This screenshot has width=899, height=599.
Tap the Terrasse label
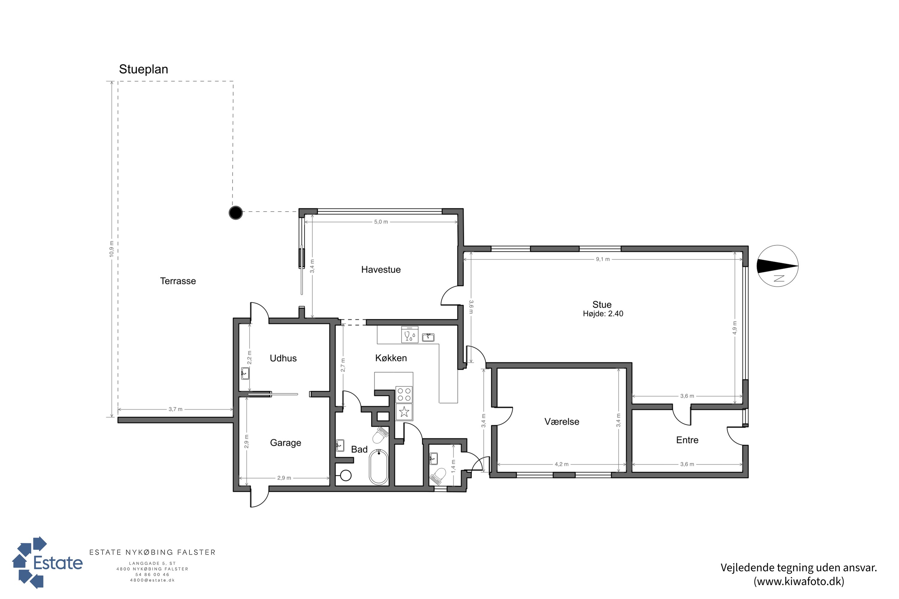(x=178, y=281)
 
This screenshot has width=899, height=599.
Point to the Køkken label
(x=391, y=358)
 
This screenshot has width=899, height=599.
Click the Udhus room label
(x=283, y=358)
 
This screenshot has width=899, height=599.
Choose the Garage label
(x=286, y=443)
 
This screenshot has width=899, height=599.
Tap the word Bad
(x=359, y=450)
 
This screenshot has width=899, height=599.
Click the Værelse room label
(x=562, y=422)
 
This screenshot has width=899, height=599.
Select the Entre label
(x=687, y=440)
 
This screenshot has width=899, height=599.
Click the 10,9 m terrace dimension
(x=111, y=249)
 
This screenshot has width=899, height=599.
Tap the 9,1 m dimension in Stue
(x=603, y=259)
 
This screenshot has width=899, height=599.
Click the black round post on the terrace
(x=236, y=213)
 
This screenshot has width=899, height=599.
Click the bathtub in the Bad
(x=378, y=467)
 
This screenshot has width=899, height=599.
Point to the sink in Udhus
(x=245, y=373)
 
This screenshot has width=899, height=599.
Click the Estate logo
(x=47, y=562)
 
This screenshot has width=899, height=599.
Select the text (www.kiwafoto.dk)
(x=799, y=581)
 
